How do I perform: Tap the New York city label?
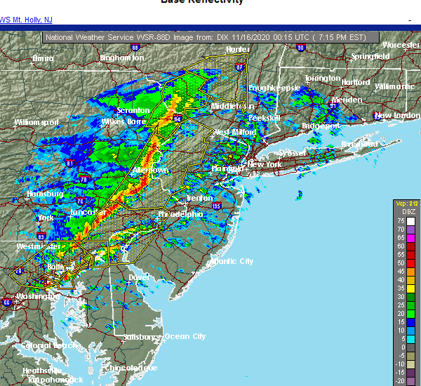(265, 164)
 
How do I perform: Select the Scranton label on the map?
(133, 110)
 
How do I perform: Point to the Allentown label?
(151, 170)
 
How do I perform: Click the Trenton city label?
(199, 199)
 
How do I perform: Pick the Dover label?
(139, 277)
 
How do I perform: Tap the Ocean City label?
(185, 336)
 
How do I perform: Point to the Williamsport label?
(37, 122)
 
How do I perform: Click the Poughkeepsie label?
(274, 88)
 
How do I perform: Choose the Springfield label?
(370, 55)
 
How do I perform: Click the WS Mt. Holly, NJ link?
(25, 20)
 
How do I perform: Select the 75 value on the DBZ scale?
(401, 220)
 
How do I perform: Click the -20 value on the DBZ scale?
(401, 380)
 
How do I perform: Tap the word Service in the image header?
(110, 37)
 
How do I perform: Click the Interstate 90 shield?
(300, 48)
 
